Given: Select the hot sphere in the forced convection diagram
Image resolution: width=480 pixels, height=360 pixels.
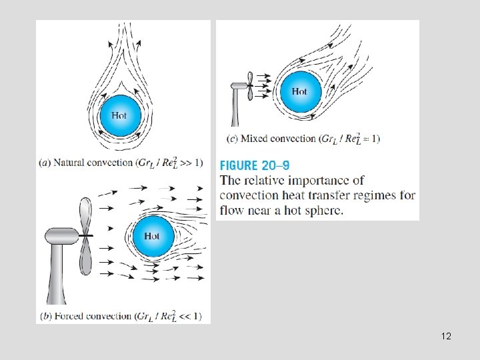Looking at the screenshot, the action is tap(152, 235).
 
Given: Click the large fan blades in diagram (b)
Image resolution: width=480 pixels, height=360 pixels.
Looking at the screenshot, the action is tap(84, 236).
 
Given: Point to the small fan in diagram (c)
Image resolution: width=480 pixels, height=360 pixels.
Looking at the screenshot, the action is tap(248, 85).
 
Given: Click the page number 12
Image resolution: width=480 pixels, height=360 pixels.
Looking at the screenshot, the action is tap(446, 336).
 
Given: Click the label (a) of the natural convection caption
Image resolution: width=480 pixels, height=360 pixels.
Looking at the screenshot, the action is tap(45, 163).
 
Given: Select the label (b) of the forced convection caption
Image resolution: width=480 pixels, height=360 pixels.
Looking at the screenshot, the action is tap(45, 315).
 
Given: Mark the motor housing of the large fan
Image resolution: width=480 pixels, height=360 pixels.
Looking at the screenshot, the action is tap(62, 236).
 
